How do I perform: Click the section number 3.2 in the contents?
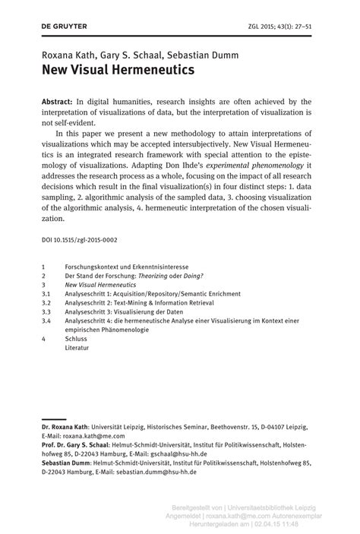pos(46,302)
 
